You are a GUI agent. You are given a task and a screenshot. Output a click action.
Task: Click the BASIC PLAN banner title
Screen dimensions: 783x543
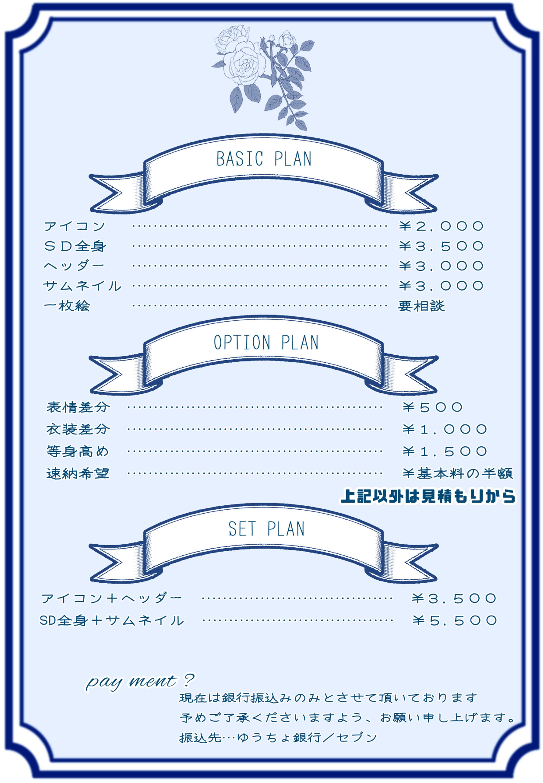(x=264, y=159)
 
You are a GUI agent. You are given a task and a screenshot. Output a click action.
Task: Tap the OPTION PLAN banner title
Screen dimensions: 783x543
(x=266, y=342)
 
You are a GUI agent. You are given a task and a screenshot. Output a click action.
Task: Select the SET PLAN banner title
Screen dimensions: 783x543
(x=266, y=528)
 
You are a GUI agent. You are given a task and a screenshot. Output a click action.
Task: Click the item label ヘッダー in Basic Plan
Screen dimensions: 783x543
(x=74, y=266)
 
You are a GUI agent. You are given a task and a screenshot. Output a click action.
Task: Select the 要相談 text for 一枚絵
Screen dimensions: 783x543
(x=421, y=306)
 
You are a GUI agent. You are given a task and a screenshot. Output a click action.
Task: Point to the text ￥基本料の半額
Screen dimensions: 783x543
(x=457, y=473)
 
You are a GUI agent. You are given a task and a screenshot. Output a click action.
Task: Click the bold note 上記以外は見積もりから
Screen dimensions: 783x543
(x=428, y=496)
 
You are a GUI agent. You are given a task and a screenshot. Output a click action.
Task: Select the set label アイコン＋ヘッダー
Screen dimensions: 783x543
(x=112, y=598)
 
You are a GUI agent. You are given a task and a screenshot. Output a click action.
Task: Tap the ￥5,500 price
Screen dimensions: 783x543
(x=454, y=621)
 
